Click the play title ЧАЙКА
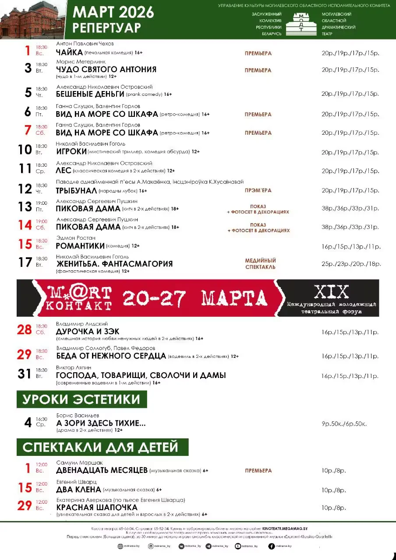pyautogui.click(x=70, y=53)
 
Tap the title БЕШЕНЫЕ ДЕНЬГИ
pyautogui.click(x=90, y=94)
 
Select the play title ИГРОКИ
pyautogui.click(x=71, y=152)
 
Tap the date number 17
pyautogui.click(x=25, y=262)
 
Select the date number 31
pyautogui.click(x=25, y=374)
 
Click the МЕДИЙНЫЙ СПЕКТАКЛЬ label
pyautogui.click(x=260, y=263)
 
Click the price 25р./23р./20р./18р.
pyautogui.click(x=351, y=264)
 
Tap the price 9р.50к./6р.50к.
pyautogui.click(x=343, y=423)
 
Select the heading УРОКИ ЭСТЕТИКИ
pyautogui.click(x=81, y=399)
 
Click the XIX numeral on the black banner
pyautogui.click(x=331, y=291)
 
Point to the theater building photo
pyautogui.click(x=33, y=20)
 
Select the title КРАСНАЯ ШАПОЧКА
pyautogui.click(x=97, y=507)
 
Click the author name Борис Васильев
pyautogui.click(x=78, y=415)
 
